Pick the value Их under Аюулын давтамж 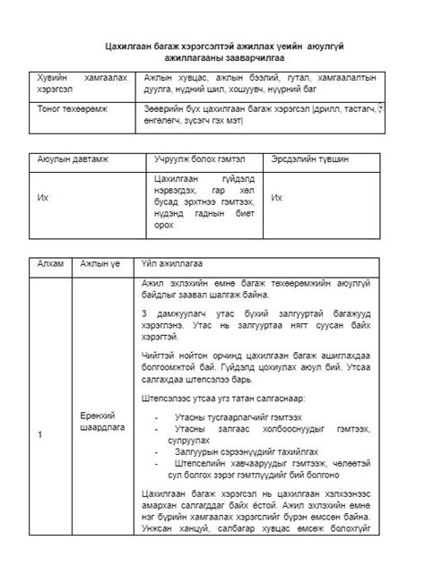pos(42,198)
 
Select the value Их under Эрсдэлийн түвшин pos(277,198)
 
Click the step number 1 pos(39,434)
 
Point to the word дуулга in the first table pos(157,90)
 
